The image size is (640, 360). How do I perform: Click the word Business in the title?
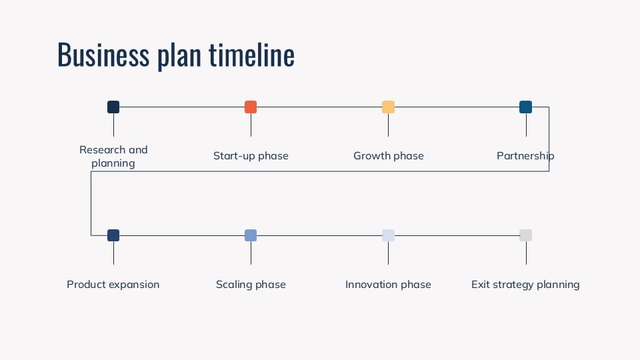click(x=103, y=55)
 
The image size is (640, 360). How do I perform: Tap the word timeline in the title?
click(x=251, y=55)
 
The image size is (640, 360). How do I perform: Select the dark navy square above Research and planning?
click(x=113, y=107)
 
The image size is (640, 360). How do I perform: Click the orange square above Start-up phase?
click(x=251, y=107)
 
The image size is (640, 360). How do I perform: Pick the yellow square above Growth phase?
click(x=388, y=107)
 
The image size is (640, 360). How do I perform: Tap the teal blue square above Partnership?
click(x=525, y=107)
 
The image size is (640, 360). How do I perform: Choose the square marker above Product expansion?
click(x=113, y=235)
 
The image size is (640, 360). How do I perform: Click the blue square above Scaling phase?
click(x=251, y=235)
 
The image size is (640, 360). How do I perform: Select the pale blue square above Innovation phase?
click(x=388, y=235)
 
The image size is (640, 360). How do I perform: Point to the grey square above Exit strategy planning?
click(x=525, y=235)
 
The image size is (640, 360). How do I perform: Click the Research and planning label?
click(x=113, y=157)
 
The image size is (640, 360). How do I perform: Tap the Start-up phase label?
click(x=251, y=156)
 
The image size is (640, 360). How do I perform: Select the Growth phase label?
click(x=388, y=156)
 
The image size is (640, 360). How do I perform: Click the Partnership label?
click(x=525, y=156)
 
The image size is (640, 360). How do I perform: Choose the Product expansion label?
click(x=113, y=285)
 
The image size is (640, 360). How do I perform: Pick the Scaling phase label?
click(x=251, y=285)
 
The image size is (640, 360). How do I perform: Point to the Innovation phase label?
click(x=388, y=285)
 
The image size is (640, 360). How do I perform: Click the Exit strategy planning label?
click(x=525, y=285)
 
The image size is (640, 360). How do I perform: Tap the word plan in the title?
click(x=179, y=56)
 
